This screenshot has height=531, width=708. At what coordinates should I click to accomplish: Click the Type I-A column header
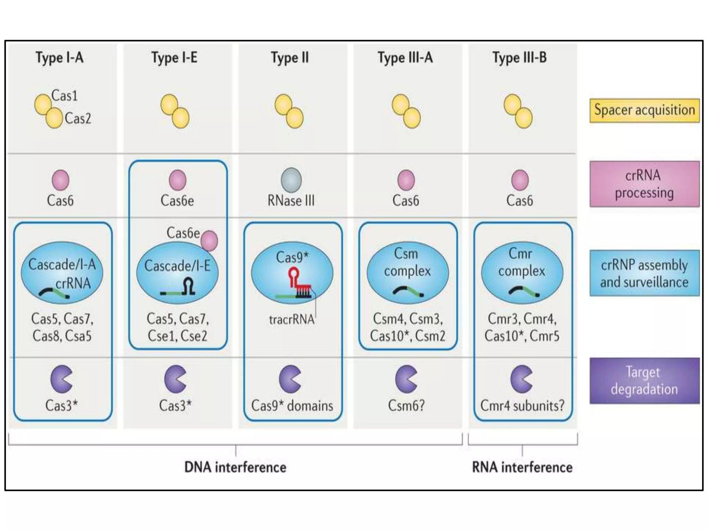pos(59,58)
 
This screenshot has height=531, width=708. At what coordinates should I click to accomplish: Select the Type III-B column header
pos(520,58)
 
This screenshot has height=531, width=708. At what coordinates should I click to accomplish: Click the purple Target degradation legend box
pos(644,381)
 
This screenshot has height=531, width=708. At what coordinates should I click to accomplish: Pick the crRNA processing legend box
pos(644,184)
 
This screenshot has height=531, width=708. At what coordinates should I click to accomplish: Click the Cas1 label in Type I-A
pos(64,96)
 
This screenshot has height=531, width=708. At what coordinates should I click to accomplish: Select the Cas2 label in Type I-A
pos(78,119)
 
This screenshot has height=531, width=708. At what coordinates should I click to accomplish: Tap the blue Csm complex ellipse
pos(408,272)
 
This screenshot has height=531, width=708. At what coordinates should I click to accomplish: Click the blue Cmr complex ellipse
pos(522,272)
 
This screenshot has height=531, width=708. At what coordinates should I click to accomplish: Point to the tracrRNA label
pos(291,319)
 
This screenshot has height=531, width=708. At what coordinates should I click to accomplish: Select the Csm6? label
pos(406,406)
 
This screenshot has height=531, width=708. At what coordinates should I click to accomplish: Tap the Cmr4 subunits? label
pos(522,406)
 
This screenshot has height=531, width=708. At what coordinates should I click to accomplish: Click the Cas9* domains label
pos(292,406)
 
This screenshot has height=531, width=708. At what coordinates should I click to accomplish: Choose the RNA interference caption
pos(522,467)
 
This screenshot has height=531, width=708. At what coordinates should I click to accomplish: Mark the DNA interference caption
pos(235,467)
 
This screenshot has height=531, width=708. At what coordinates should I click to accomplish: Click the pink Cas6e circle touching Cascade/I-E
pos(209,241)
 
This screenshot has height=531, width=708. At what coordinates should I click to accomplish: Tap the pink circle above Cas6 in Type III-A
pos(406,180)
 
